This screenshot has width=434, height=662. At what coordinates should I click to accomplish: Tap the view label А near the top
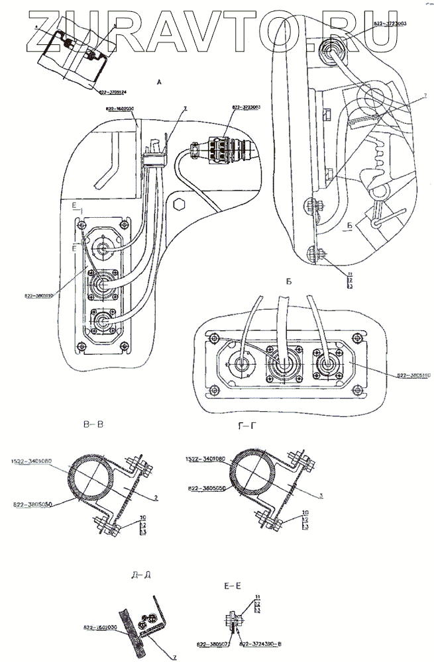coord(158,83)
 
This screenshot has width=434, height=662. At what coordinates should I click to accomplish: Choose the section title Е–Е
coord(239,586)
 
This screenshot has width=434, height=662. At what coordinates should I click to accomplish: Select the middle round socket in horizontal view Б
coord(286,365)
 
